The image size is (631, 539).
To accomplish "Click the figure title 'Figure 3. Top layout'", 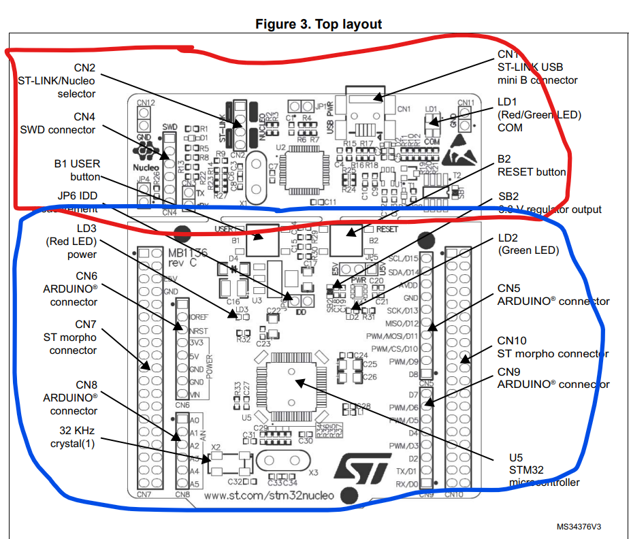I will tap(319, 24).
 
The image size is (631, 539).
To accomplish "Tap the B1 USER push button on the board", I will tap(262, 239).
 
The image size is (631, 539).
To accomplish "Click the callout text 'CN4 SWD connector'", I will tap(58, 123).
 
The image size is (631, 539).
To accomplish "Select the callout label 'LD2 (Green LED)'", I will tap(528, 244).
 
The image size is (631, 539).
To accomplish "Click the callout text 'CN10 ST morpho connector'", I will tap(552, 347).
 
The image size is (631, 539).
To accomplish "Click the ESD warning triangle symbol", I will tap(454, 156).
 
